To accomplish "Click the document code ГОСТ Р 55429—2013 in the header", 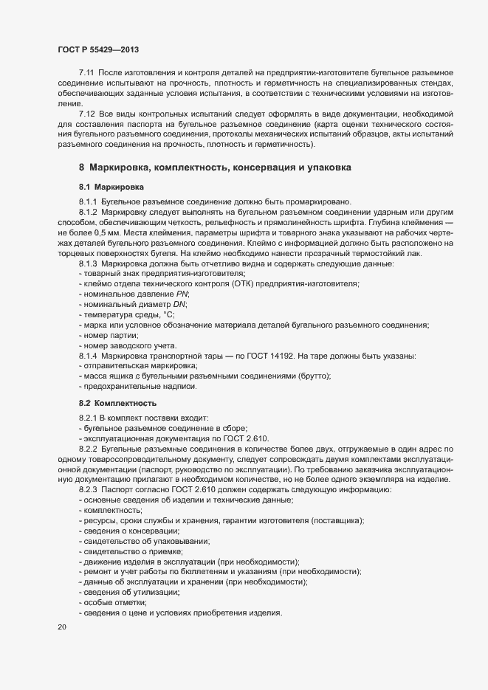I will [x=98, y=49].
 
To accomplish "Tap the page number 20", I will [x=62, y=627].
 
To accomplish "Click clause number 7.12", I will [x=86, y=114].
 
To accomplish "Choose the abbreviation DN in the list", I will [x=178, y=305].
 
